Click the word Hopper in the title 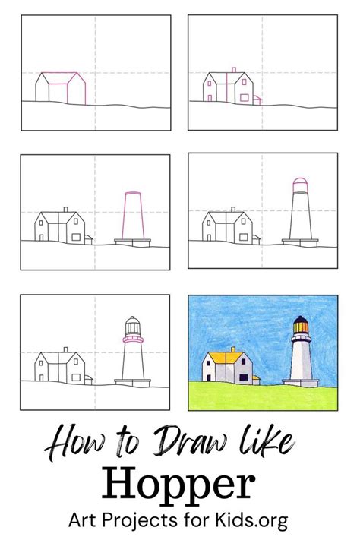[x=179, y=482]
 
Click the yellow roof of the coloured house [x=220, y=355]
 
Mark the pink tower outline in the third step [x=132, y=217]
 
